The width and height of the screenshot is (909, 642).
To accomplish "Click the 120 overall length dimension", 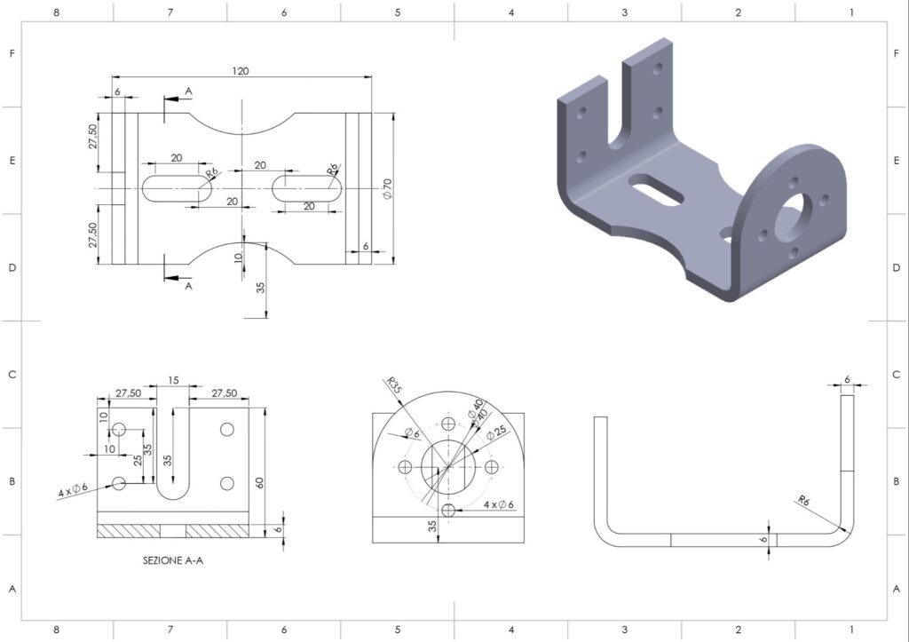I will pos(240,71).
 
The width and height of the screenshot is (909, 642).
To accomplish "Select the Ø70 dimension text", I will pos(387,187).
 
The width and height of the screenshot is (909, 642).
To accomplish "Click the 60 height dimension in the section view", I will pos(260,482).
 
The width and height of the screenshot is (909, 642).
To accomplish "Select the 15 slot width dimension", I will pos(172,380).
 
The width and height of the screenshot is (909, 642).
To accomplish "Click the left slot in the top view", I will pos(177,188).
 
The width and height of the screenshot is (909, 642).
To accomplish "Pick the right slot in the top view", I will pos(307,188).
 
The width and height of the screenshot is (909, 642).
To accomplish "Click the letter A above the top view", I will pos(188,91).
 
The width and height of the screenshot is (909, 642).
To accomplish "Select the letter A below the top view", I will pos(188,287).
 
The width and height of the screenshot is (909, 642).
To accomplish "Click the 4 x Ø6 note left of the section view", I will pos(74,491).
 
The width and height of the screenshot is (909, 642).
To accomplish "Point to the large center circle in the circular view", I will pos(448,466).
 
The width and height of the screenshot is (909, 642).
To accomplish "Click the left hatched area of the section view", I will pos(129,531).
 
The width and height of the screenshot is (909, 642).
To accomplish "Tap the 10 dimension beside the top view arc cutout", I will pos(238,258).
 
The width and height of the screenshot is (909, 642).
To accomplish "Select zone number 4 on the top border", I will pos(510,12).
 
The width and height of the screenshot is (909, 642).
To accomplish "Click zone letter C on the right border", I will pos(896,375).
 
